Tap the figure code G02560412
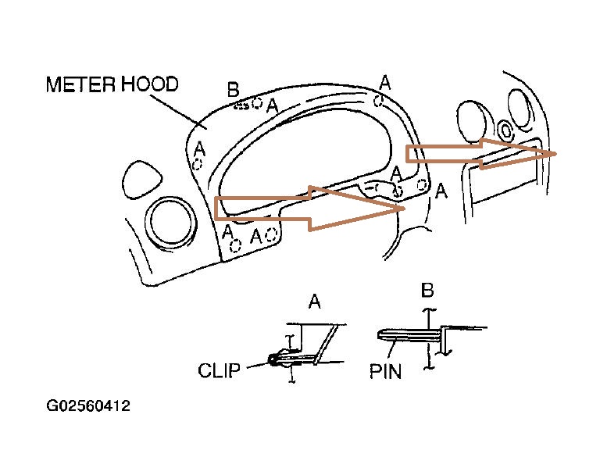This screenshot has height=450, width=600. tap(87, 407)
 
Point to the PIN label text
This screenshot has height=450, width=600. tap(384, 370)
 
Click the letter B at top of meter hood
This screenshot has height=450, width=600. tap(233, 89)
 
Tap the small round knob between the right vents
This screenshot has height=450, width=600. tap(505, 130)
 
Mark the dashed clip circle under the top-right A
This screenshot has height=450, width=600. tap(379, 100)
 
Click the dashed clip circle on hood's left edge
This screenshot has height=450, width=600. tap(198, 164)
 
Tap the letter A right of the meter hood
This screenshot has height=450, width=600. tap(441, 190)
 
